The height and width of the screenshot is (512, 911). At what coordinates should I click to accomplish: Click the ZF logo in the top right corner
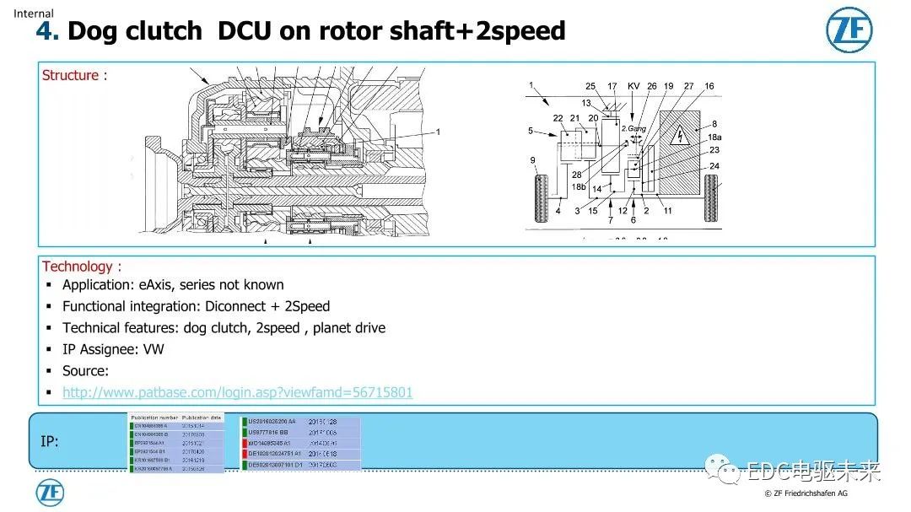point(849,32)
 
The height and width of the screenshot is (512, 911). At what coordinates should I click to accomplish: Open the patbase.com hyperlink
point(237,392)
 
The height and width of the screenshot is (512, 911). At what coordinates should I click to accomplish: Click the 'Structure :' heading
point(74,75)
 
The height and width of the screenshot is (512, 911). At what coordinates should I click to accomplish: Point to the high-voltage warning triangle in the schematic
point(679,134)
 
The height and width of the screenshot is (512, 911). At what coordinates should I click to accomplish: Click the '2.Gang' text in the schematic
point(633,128)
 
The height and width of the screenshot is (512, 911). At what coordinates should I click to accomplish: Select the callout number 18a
point(714,137)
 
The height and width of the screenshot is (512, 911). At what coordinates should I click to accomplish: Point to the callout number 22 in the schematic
point(558,118)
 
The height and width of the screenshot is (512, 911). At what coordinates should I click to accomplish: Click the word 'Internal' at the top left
point(33,13)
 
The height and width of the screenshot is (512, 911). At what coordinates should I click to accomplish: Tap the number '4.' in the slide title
point(47,31)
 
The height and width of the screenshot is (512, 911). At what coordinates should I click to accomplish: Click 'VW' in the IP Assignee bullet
point(154,349)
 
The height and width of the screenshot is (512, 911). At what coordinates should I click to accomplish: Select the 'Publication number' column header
point(155,418)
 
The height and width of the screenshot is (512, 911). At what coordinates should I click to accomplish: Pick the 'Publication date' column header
point(202,418)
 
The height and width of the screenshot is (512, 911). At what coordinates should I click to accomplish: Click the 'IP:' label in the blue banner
point(50,441)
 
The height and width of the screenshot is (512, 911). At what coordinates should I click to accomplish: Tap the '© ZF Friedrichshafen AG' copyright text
point(806,493)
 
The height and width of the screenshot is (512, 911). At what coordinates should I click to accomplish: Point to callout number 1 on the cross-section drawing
point(438,132)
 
